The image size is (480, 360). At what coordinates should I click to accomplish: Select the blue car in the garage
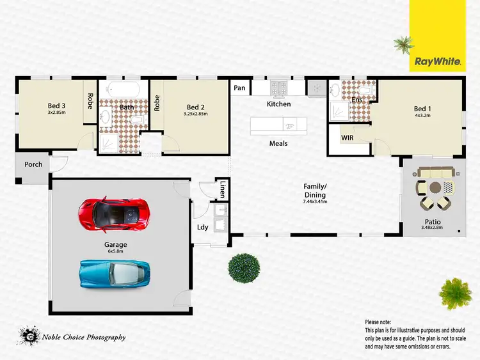click(x=116, y=274)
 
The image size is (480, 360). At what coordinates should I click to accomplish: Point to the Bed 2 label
click(x=195, y=107)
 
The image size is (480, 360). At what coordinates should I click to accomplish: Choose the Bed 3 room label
click(x=56, y=106)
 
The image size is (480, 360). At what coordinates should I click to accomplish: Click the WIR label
click(x=348, y=137)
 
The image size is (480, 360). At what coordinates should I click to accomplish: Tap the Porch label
click(x=33, y=164)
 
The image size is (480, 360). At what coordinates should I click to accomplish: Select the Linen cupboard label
click(x=223, y=189)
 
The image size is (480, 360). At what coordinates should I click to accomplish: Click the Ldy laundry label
click(x=202, y=227)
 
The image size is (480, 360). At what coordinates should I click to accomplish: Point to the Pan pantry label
click(x=240, y=88)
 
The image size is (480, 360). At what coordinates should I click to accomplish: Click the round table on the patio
click(x=436, y=188)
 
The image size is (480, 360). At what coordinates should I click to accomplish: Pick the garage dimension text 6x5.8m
click(x=116, y=251)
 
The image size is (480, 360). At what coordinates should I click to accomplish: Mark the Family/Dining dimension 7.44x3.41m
click(x=314, y=202)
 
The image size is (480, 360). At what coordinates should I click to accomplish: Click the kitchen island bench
click(x=278, y=125)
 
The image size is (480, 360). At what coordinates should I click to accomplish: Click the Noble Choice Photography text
click(x=84, y=337)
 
